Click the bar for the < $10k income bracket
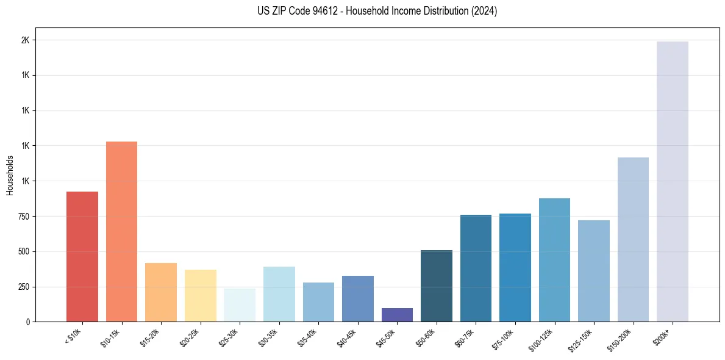coord(82,256)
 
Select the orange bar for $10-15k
coord(121,231)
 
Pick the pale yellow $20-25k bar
coord(200,295)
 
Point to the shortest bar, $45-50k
coord(397,315)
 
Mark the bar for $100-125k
coord(554,260)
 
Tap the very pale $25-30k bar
coord(240,305)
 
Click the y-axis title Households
coord(10,175)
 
